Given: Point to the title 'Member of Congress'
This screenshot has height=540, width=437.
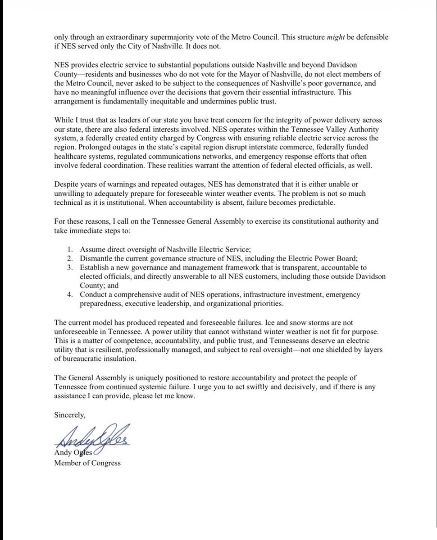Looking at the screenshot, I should [87, 463].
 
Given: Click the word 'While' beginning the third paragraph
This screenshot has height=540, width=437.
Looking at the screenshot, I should [64, 121].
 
